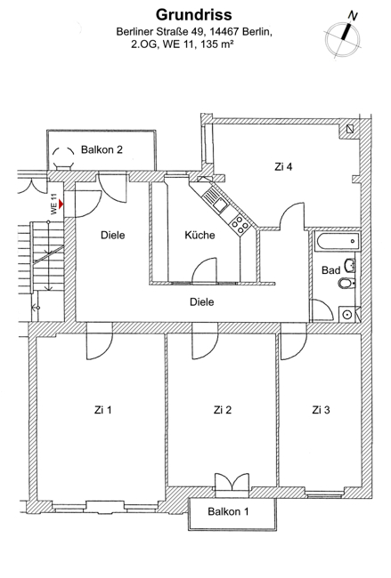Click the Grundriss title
194,15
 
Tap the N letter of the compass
353,16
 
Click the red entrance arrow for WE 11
61,204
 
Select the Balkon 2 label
102,149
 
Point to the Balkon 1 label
228,511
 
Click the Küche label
200,235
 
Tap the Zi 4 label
283,166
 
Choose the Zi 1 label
103,410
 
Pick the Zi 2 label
223,410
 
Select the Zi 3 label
321,410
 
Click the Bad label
330,270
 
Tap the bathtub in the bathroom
338,241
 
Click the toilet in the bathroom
346,284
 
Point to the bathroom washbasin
350,265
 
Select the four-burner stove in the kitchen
239,223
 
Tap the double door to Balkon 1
232,481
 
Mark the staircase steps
47,256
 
